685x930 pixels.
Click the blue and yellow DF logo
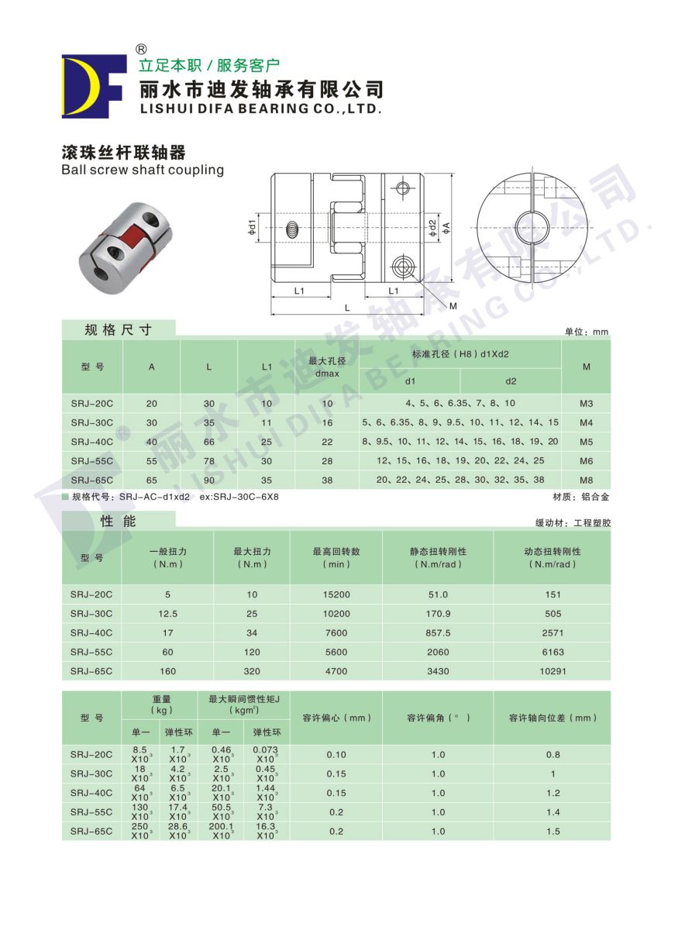(x=93, y=85)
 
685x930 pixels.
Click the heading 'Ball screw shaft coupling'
(x=143, y=170)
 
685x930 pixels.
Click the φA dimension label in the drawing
(x=448, y=228)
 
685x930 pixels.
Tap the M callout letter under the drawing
(x=453, y=306)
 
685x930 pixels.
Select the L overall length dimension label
(x=347, y=308)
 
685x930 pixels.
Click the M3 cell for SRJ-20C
(x=586, y=404)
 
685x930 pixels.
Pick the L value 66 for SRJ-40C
(x=208, y=442)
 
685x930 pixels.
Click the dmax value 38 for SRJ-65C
(x=327, y=480)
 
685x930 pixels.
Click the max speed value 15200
(x=336, y=594)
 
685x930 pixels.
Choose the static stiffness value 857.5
(x=438, y=633)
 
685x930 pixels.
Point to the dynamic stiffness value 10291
(x=552, y=671)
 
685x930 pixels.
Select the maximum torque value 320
(x=252, y=671)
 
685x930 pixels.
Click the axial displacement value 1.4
(x=552, y=812)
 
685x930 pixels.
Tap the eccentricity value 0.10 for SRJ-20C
(x=336, y=755)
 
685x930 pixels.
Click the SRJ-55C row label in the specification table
(x=91, y=461)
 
